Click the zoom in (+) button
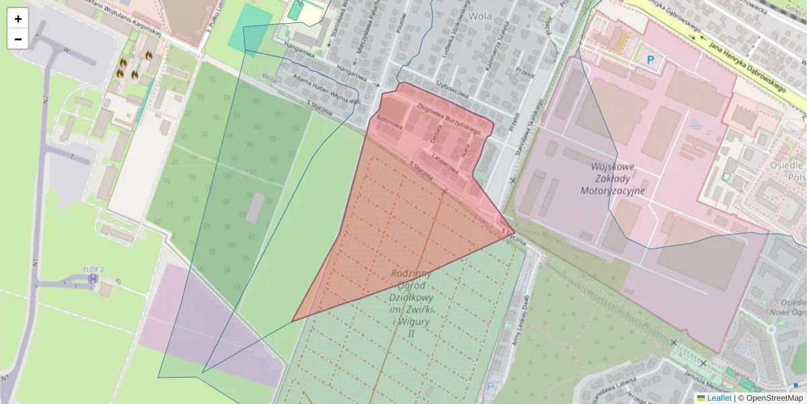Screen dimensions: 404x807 pos(18,19)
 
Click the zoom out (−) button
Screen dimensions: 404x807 pos(18,39)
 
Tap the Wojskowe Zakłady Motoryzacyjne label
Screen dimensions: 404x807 pos(612,178)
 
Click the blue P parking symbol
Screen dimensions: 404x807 pos(650,60)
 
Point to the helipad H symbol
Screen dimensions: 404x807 pos(93,279)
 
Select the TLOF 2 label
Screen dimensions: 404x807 pos(93,269)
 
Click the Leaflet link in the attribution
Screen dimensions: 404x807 pos(718,398)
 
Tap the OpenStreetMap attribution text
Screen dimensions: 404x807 pos(773,398)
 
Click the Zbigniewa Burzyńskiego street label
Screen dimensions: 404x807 pos(448,119)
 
